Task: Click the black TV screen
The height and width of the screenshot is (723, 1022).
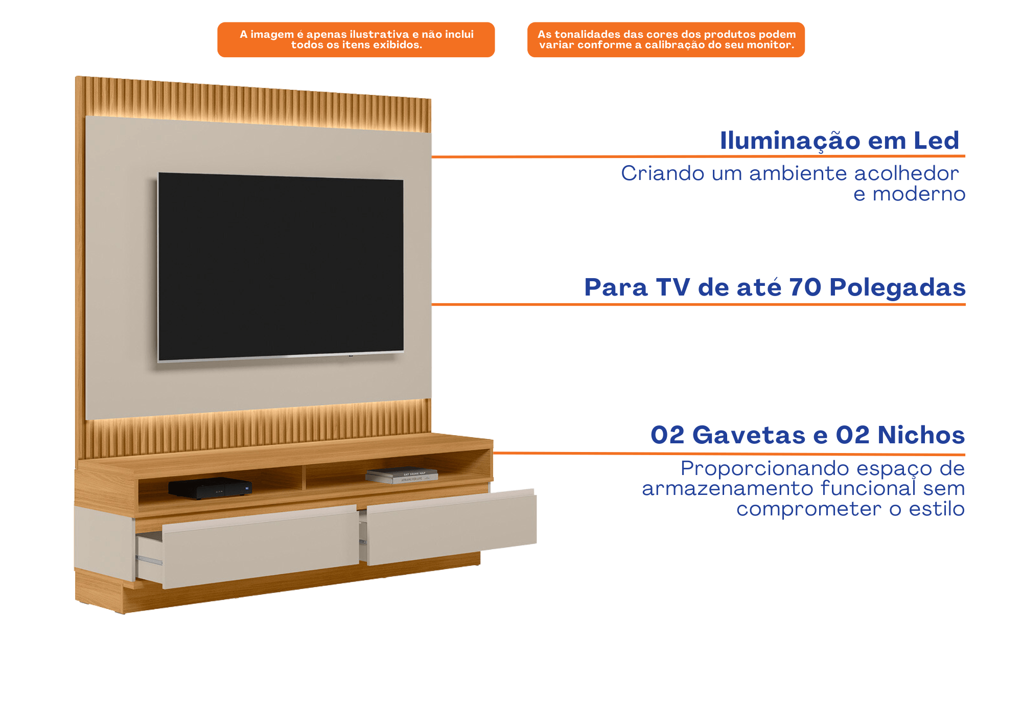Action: (x=281, y=266)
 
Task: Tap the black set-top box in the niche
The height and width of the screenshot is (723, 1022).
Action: (x=210, y=488)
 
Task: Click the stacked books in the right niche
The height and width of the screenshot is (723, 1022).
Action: (x=402, y=476)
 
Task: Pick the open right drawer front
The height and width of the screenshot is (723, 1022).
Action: (x=452, y=527)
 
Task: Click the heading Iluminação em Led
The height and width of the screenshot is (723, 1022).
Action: (x=840, y=141)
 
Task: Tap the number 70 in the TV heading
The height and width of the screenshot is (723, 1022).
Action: (x=805, y=287)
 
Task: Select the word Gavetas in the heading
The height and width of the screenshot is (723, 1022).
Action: (x=749, y=435)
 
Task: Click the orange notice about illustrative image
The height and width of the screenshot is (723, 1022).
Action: (x=356, y=39)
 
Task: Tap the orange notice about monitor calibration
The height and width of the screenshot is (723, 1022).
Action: (x=666, y=39)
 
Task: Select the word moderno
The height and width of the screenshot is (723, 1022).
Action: (x=919, y=194)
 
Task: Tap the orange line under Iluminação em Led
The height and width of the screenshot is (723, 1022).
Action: (x=699, y=156)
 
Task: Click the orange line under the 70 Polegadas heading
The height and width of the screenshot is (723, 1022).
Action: (x=699, y=304)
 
